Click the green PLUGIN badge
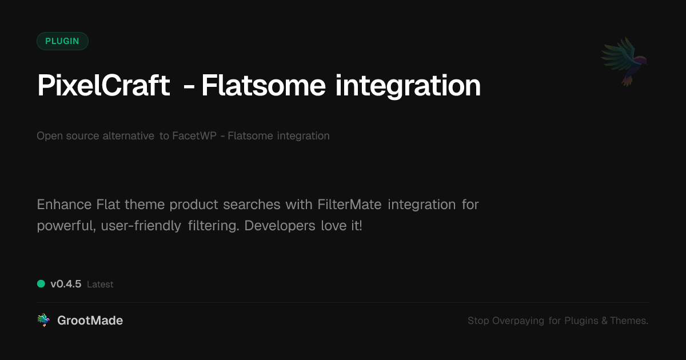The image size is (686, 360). tap(62, 41)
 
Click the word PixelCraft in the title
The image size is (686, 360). tap(103, 85)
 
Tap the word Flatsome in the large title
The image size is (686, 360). tap(264, 85)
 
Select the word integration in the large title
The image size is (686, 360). tap(408, 87)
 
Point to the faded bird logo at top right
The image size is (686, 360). tap(624, 61)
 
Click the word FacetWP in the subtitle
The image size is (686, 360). tap(194, 135)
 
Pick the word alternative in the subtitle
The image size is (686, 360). tap(128, 135)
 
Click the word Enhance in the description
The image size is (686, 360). tap(64, 205)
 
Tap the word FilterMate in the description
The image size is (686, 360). tap(349, 205)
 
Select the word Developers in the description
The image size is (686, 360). tap(280, 226)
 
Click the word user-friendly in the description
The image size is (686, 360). tap(141, 226)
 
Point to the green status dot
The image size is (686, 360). tap(41, 284)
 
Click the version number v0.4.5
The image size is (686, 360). tap(66, 284)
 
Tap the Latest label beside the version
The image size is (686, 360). tap(100, 285)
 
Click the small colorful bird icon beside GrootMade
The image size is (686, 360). tap(43, 320)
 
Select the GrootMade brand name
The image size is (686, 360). tap(90, 321)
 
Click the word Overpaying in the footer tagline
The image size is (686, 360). tap(518, 321)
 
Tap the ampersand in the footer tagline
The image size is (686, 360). tap(604, 321)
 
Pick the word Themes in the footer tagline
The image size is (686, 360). tap(629, 321)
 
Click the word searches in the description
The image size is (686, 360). tap(252, 205)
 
